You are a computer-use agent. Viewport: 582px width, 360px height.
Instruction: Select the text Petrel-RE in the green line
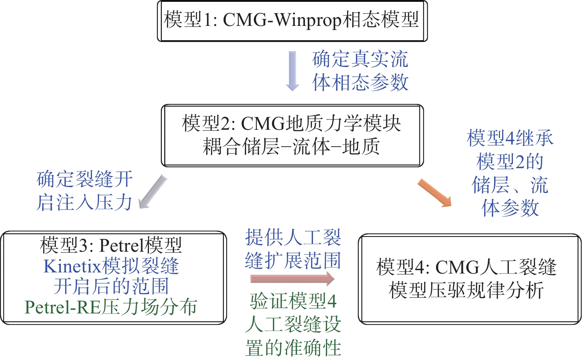point(62,307)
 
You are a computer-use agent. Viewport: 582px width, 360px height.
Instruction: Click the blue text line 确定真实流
point(360,60)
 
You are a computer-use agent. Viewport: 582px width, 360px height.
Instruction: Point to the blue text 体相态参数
point(360,82)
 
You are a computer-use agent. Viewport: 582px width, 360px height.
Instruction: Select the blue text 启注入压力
point(84,202)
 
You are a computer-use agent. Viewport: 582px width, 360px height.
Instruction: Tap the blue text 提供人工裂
point(293,238)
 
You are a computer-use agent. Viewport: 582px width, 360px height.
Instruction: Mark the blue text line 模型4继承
point(510,138)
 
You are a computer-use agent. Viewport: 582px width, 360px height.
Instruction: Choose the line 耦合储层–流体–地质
point(292,147)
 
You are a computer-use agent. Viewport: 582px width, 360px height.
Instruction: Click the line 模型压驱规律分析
point(466,290)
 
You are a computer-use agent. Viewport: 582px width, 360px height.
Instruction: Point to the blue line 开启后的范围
point(111,286)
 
